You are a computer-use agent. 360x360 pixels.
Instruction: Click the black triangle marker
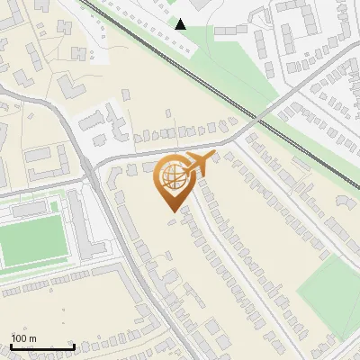181,24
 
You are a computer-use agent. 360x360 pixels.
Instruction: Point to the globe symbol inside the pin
171,177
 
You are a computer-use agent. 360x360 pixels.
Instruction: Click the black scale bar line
42,346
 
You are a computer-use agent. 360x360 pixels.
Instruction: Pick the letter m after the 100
31,338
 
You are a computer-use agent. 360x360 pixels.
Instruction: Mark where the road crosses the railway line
258,117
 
